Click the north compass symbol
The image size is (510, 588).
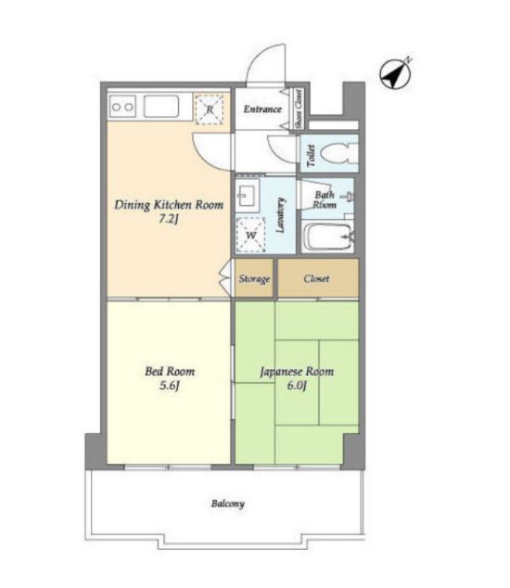396,73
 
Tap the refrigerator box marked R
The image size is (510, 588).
209,109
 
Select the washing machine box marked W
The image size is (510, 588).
250,236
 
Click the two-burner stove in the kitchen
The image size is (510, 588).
122,107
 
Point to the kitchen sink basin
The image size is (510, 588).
161,107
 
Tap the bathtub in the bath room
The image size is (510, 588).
327,237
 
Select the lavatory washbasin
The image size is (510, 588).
248,195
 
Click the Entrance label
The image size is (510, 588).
262,109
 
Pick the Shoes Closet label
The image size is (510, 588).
299,109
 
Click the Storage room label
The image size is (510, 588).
254,279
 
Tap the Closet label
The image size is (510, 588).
316,278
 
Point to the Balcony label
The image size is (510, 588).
227,504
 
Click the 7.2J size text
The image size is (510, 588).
168,219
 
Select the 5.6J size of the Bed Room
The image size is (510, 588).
169,385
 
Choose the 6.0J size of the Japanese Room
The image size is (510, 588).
297,385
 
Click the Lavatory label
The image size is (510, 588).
280,215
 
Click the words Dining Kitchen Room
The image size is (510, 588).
169,205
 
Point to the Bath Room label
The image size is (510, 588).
325,200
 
